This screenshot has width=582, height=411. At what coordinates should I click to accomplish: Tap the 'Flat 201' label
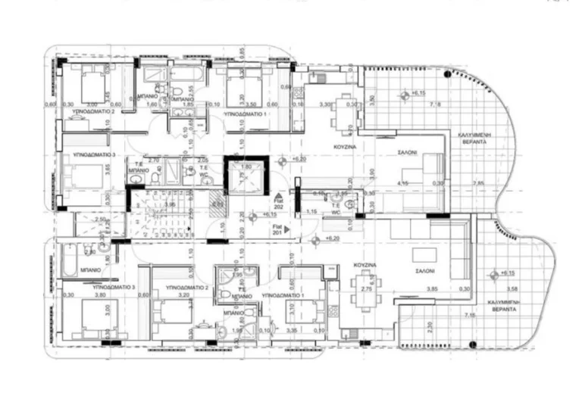pyautogui.click(x=279, y=231)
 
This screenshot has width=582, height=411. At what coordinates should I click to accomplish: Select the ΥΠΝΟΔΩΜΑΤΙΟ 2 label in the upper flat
pyautogui.click(x=93, y=111)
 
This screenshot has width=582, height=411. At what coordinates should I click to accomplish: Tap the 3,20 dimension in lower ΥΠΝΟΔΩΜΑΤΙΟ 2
pyautogui.click(x=183, y=295)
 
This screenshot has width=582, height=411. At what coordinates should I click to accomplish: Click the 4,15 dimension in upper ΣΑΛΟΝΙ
pyautogui.click(x=403, y=183)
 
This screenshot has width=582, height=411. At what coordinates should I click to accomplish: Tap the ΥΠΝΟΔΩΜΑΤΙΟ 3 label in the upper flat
pyautogui.click(x=93, y=154)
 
